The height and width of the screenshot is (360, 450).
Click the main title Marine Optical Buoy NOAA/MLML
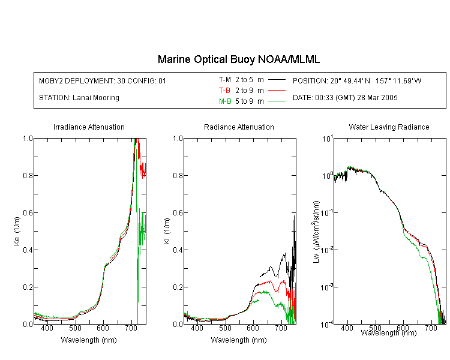pos(238,59)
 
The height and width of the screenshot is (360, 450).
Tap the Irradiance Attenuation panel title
pos(89,127)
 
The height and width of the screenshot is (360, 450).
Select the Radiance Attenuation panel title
pos(239,127)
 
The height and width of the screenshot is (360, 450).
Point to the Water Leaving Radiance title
pos(389,127)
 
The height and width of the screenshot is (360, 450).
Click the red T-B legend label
pos(224,91)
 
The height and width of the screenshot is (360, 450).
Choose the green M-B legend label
pos(225,101)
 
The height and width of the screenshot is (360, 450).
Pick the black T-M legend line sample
pos(277,80)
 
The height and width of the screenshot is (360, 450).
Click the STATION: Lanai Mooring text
pos(79,98)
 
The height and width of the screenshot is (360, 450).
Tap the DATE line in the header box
pos(345,98)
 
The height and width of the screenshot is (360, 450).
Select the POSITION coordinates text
pos(357,80)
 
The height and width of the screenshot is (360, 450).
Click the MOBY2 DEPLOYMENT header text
pos(103,80)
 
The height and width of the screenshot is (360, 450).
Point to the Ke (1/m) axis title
pos(17,231)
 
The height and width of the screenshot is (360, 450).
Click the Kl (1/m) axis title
pos(167,231)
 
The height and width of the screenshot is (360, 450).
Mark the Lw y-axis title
pos(316,232)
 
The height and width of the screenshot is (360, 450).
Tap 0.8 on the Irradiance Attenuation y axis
pos(28,175)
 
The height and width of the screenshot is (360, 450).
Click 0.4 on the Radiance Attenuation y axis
pos(178,250)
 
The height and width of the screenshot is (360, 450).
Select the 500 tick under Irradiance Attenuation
pos(75,328)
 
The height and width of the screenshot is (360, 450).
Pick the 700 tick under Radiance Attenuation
pos(281,328)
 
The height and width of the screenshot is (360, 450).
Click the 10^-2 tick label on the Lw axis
pos(327,250)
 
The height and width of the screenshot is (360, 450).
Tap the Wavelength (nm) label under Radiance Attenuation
pos(239,340)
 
